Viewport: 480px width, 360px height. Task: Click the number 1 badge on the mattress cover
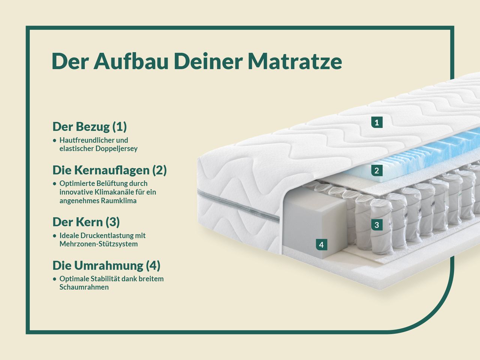click(x=377, y=122)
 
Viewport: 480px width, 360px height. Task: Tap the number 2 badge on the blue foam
click(x=377, y=171)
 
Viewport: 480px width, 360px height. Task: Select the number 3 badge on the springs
click(x=377, y=225)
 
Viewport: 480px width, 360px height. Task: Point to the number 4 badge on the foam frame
click(x=321, y=245)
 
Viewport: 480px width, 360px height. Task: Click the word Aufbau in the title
click(x=131, y=61)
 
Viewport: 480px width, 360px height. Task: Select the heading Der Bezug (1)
click(x=90, y=126)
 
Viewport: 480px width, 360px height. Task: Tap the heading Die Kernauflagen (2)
click(x=109, y=170)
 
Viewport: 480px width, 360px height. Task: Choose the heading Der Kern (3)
click(x=86, y=222)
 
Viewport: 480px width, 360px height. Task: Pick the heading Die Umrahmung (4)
click(x=106, y=265)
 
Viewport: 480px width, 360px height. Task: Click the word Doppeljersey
click(x=117, y=148)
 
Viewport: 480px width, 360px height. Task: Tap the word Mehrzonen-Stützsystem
click(x=99, y=244)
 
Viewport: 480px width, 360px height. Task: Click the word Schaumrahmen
click(x=84, y=287)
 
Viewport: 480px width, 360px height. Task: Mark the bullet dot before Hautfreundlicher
click(x=55, y=140)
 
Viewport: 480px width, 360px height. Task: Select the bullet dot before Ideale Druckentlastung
click(x=55, y=236)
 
